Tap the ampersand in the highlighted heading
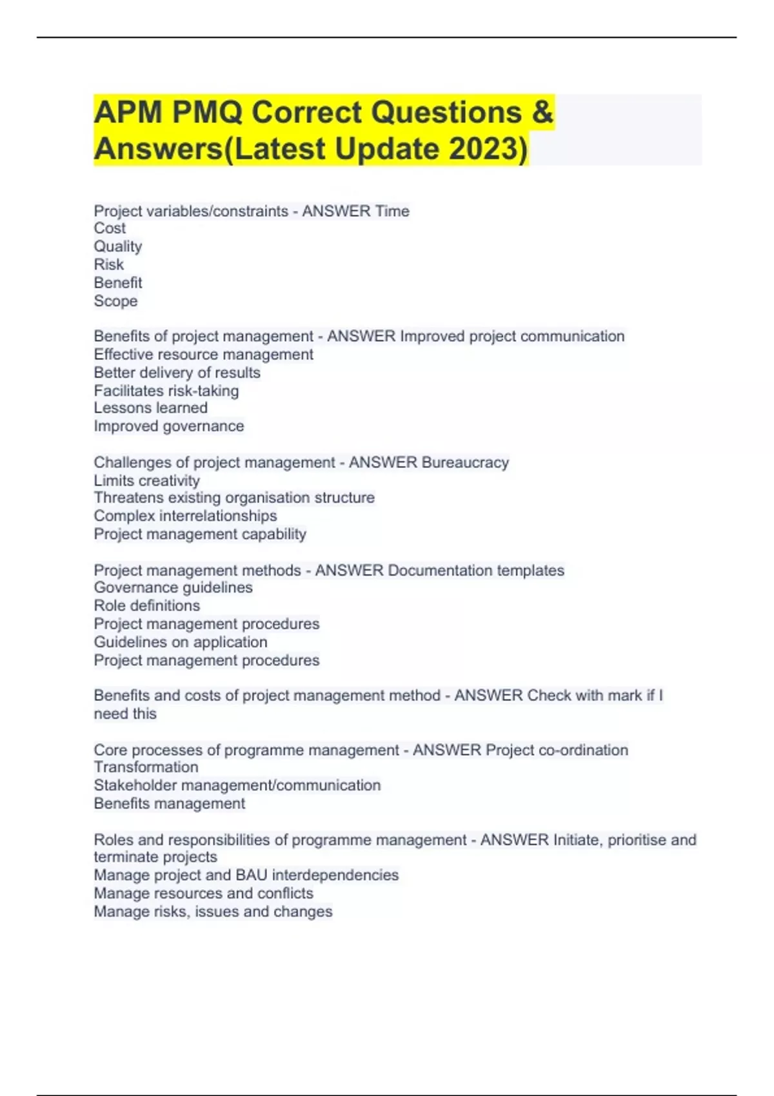[543, 112]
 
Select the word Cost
[110, 228]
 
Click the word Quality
[118, 246]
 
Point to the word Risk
[109, 264]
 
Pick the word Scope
[115, 301]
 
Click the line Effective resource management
[203, 355]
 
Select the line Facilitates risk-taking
[166, 391]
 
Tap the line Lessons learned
[150, 408]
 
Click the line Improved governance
[169, 426]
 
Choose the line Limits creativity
[147, 480]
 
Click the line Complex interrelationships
[185, 516]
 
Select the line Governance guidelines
[173, 587]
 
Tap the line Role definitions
[147, 605]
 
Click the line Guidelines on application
[181, 642]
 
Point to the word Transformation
[146, 767]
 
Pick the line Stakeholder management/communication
[237, 785]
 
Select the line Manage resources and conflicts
[204, 893]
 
